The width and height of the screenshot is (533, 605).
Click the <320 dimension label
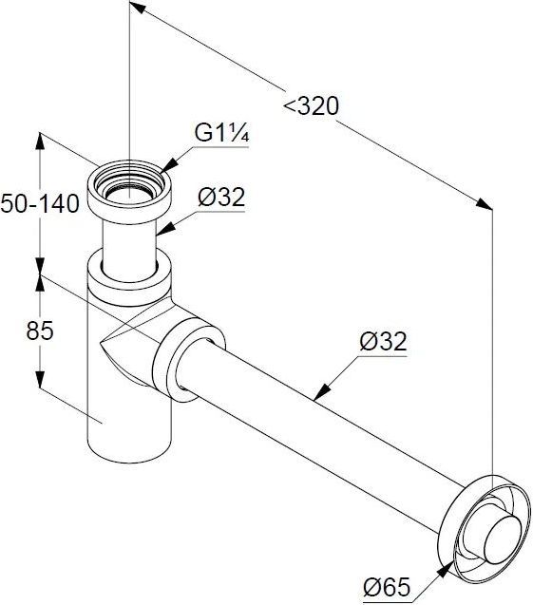[311, 106]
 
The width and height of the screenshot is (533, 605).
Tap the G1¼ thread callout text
[222, 133]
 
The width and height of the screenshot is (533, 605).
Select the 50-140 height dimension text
[40, 203]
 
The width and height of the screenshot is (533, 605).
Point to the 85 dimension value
[40, 331]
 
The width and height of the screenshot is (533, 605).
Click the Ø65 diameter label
[387, 587]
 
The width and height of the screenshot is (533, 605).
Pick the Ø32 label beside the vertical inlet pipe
[221, 198]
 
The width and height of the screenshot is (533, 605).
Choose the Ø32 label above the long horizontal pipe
[383, 342]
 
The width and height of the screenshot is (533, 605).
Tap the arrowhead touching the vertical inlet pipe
[164, 230]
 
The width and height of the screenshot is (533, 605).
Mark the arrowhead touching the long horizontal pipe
[321, 392]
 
